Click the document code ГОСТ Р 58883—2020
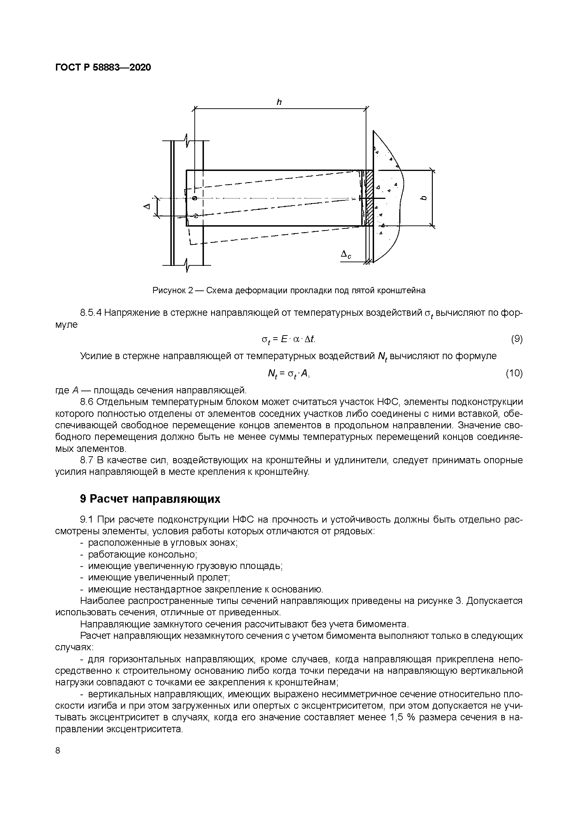pos(103,67)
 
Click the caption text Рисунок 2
pos(172,290)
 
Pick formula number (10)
pos(514,373)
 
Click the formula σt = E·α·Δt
pos(289,340)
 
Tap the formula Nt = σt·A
pos(289,374)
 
